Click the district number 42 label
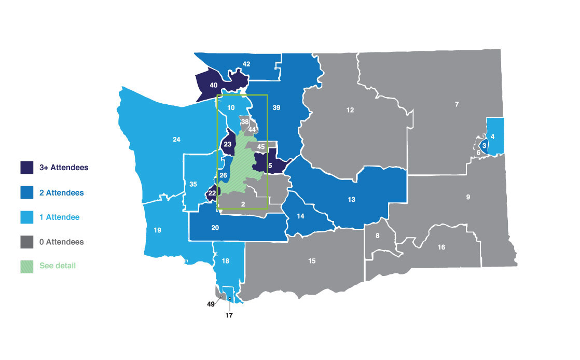(x=246, y=64)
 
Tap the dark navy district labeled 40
(x=213, y=85)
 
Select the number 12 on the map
(x=350, y=110)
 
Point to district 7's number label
(x=457, y=105)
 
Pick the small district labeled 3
(x=484, y=146)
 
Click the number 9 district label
(x=468, y=197)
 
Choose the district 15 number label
(x=312, y=261)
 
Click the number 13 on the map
(x=351, y=200)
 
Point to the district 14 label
(x=300, y=216)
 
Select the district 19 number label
(x=157, y=230)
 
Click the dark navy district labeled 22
(x=212, y=193)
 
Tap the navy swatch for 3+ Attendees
(x=27, y=168)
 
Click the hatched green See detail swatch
(x=27, y=266)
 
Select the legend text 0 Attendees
(x=61, y=242)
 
